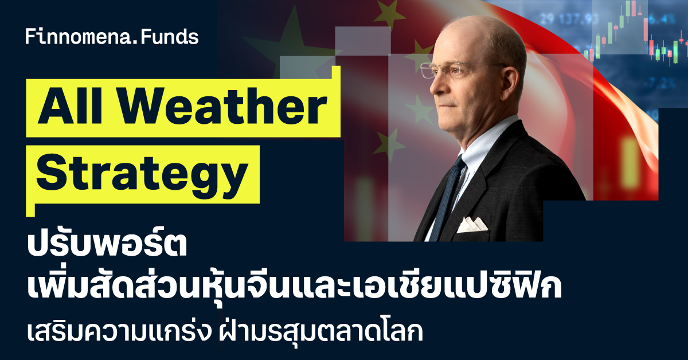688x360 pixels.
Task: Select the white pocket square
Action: (x=471, y=225)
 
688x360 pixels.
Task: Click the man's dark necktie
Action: (x=447, y=199)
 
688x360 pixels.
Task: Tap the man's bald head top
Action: (x=479, y=31)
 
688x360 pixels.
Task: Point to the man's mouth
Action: (x=449, y=105)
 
